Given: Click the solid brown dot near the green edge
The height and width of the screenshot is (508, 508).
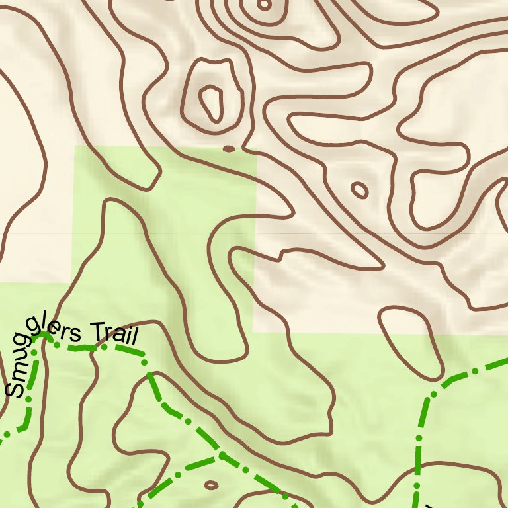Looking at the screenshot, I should (229, 149).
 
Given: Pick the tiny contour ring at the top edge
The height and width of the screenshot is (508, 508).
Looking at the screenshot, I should (264, 5).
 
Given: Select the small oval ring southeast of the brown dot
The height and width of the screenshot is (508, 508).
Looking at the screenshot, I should (359, 190).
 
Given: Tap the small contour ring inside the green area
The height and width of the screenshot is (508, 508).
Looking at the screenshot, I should (211, 485).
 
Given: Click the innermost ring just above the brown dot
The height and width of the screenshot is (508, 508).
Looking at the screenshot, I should (212, 103).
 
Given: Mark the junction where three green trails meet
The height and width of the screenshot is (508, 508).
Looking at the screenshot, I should (221, 455).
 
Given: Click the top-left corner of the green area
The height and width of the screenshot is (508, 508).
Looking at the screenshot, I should (73, 147).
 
